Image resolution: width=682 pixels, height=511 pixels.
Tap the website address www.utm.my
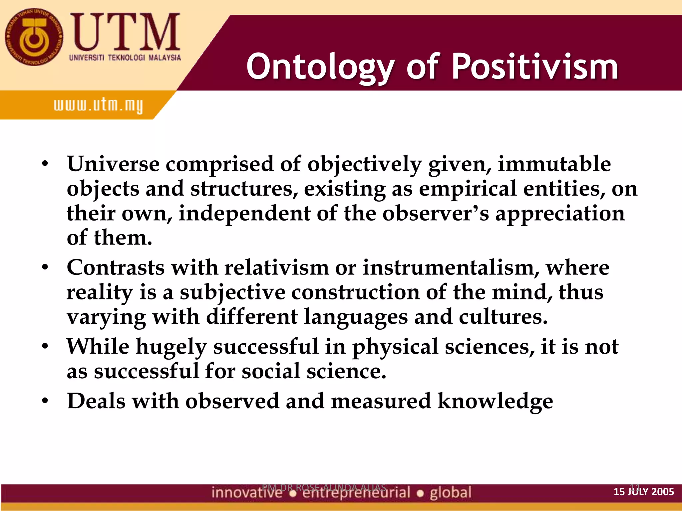pos(98,106)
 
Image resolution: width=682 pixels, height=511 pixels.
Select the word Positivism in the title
pos(534,67)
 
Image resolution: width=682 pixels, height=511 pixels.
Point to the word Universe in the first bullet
pos(113,164)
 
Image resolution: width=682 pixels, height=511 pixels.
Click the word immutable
pos(554,164)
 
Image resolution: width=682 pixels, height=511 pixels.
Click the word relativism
pos(276,267)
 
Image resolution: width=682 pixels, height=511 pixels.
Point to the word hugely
pos(171,347)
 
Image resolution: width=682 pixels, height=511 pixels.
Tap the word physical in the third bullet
pos(395,347)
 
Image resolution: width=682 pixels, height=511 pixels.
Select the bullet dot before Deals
pos(45,401)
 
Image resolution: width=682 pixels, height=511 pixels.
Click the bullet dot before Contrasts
pos(45,267)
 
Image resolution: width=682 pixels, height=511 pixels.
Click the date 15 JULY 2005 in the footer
pos(643,492)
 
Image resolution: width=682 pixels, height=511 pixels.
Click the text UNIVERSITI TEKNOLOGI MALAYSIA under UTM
pos(125,58)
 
